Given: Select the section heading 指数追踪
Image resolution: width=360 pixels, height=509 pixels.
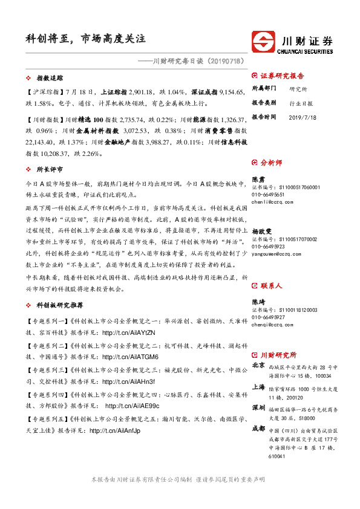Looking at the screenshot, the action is click(x=50, y=79).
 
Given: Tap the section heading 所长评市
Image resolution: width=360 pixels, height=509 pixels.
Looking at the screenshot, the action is click(x=50, y=170).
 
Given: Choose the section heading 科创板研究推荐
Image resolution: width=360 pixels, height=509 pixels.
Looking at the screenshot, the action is click(x=59, y=306).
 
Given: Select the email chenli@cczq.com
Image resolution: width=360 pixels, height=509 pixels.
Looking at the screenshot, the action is click(x=270, y=204).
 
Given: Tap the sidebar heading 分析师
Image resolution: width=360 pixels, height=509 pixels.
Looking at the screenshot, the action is click(x=270, y=163).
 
